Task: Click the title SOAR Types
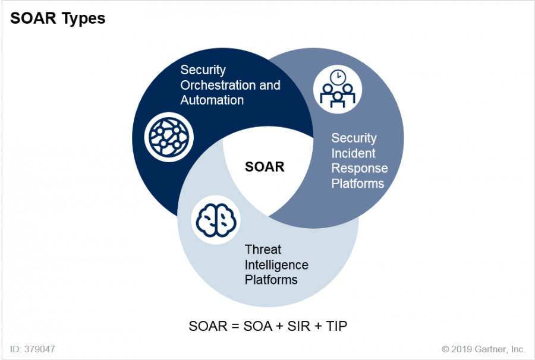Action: (x=58, y=18)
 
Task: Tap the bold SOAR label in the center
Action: (x=265, y=167)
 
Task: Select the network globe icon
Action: (x=169, y=137)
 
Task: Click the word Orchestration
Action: (x=218, y=85)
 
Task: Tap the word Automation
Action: (x=212, y=100)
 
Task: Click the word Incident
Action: (x=353, y=153)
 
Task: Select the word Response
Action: (x=359, y=168)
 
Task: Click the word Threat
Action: (x=263, y=250)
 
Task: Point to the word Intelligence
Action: (x=276, y=264)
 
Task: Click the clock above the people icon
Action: (x=338, y=77)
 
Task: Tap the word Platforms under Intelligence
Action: (x=271, y=279)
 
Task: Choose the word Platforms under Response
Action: (x=358, y=183)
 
